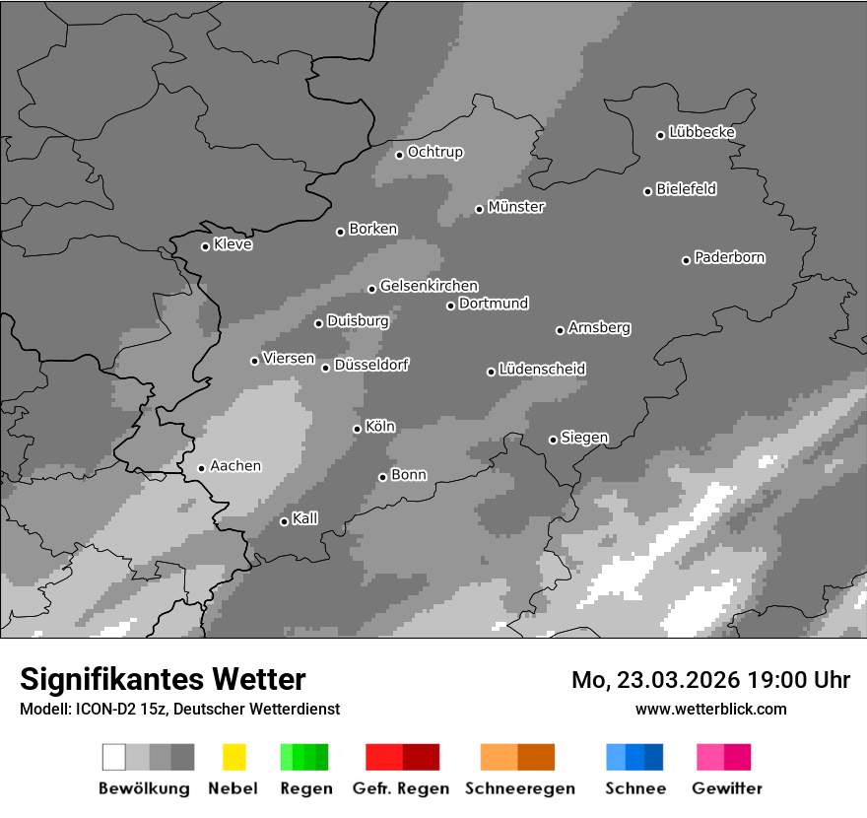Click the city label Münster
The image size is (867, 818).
click(516, 207)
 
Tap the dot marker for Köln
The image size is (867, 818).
click(357, 429)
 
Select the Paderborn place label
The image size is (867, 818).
click(729, 257)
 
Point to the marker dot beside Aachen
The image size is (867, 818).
click(201, 468)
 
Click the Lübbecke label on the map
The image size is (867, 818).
click(701, 132)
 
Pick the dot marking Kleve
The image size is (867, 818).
click(205, 246)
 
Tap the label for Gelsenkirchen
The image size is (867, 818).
click(429, 286)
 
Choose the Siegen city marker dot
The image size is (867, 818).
click(553, 440)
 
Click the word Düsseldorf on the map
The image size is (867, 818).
click(371, 365)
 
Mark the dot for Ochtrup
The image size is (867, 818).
click(399, 154)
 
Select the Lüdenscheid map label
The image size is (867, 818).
click(542, 369)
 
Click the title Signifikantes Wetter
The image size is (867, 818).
click(163, 679)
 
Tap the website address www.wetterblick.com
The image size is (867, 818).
click(711, 709)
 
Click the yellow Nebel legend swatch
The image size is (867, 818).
click(233, 757)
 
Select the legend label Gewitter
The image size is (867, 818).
click(727, 788)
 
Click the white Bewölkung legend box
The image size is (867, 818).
click(113, 757)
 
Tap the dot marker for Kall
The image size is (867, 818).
click(284, 521)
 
